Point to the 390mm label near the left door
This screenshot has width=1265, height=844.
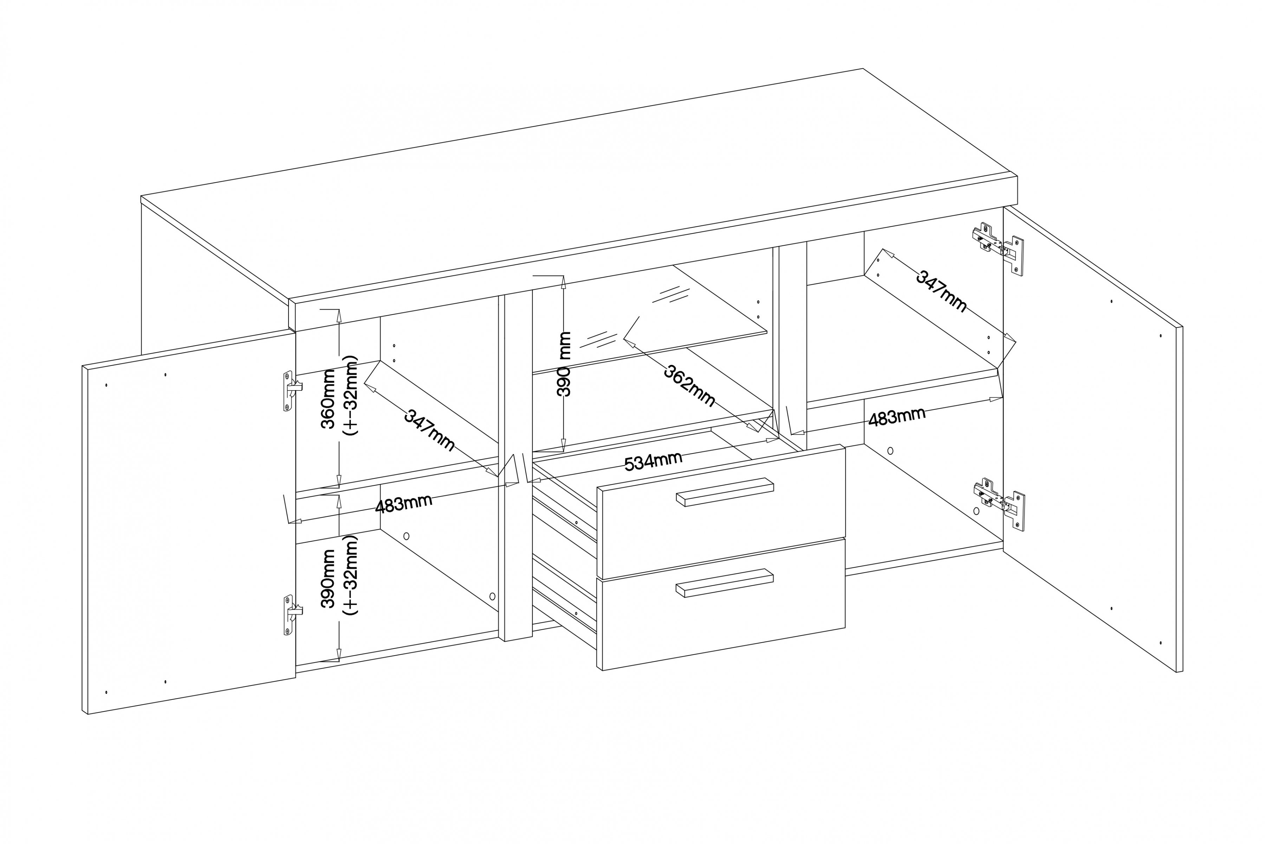point(328,578)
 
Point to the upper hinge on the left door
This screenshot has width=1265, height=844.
point(291,390)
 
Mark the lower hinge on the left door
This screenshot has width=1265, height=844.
point(291,614)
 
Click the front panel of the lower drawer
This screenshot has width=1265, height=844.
point(721,619)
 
